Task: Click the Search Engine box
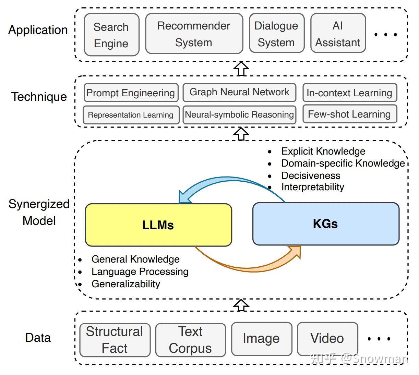pyautogui.click(x=111, y=35)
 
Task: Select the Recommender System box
pyautogui.click(x=194, y=34)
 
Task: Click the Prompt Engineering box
pyautogui.click(x=131, y=93)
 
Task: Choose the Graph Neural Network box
pyautogui.click(x=239, y=92)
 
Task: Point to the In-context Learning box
pyautogui.click(x=349, y=93)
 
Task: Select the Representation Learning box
pyautogui.click(x=131, y=115)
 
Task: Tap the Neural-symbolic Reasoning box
pyautogui.click(x=239, y=114)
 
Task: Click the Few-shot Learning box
pyautogui.click(x=349, y=114)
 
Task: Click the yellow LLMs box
pyautogui.click(x=158, y=225)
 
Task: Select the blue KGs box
pyautogui.click(x=326, y=224)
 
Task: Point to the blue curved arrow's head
pyautogui.click(x=184, y=198)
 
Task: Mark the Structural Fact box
pyautogui.click(x=115, y=340)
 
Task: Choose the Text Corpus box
pyautogui.click(x=191, y=340)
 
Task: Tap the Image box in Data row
pyautogui.click(x=262, y=338)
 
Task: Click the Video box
pyautogui.click(x=327, y=338)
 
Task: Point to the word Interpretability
pyautogui.click(x=313, y=187)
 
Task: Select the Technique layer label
pyautogui.click(x=39, y=97)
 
